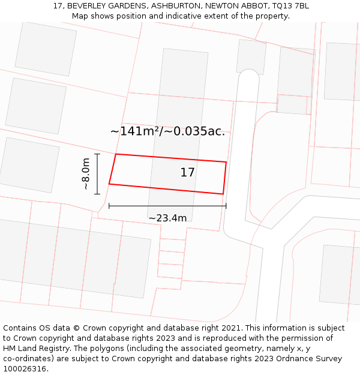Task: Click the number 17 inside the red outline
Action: point(187,173)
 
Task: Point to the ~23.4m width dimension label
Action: point(167,218)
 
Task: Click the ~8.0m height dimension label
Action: point(86,173)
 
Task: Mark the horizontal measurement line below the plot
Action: point(167,206)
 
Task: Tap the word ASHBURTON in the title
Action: point(176,5)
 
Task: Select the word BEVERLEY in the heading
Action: point(87,5)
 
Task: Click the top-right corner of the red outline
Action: point(226,162)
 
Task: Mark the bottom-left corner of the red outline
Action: point(109,184)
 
